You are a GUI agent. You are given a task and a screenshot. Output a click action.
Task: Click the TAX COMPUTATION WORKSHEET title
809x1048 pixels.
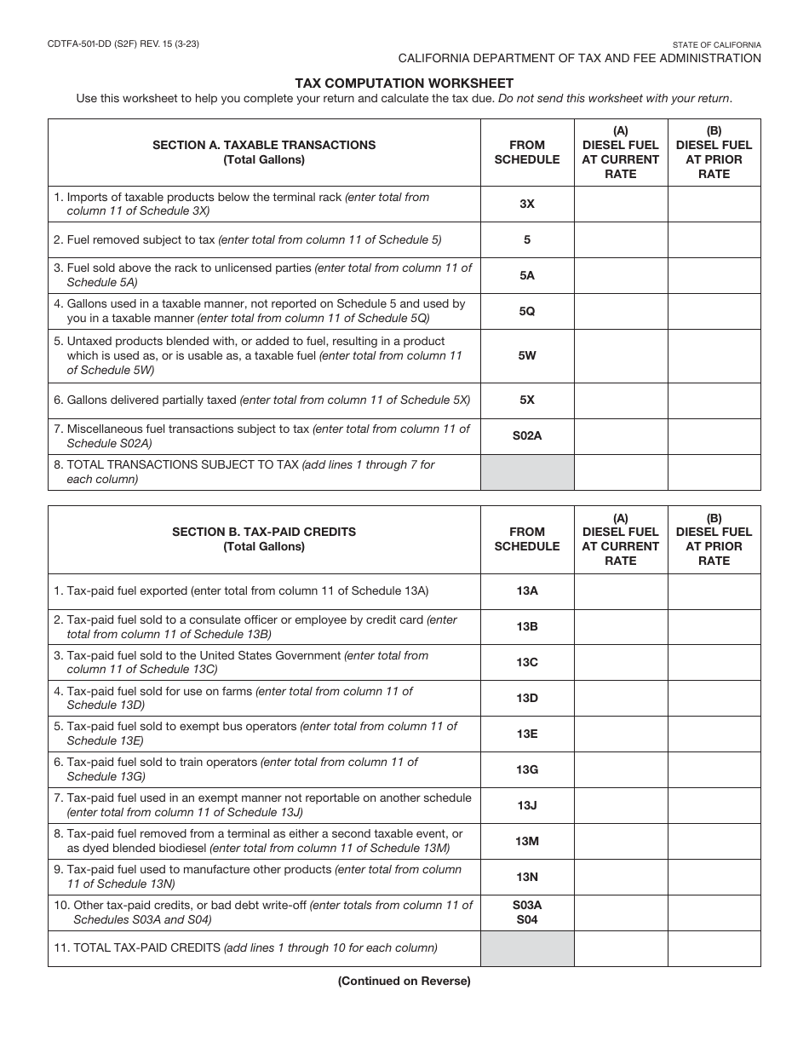pyautogui.click(x=404, y=83)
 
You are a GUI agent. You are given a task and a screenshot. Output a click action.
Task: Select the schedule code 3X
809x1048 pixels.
pyautogui.click(x=527, y=204)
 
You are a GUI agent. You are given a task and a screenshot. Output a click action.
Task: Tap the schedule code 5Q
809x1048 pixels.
pyautogui.click(x=527, y=311)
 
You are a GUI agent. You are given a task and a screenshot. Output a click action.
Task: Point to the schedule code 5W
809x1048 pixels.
pyautogui.click(x=527, y=355)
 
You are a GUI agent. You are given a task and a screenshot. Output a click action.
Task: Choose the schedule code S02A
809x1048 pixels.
pyautogui.click(x=527, y=436)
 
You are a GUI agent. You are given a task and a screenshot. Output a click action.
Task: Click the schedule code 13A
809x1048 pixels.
pyautogui.click(x=527, y=590)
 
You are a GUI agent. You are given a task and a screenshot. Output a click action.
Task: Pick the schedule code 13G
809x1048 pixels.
pyautogui.click(x=527, y=769)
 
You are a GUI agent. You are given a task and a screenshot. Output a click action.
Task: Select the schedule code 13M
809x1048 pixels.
pyautogui.click(x=527, y=841)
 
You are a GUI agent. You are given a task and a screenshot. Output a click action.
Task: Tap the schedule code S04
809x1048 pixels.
pyautogui.click(x=527, y=920)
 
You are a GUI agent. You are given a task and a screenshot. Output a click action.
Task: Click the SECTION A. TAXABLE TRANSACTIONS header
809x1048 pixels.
pyautogui.click(x=264, y=145)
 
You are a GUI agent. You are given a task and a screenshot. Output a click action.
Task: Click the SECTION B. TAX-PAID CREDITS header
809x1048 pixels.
pyautogui.click(x=264, y=532)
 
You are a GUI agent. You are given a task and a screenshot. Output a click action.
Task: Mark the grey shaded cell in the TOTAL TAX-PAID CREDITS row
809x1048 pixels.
pyautogui.click(x=527, y=948)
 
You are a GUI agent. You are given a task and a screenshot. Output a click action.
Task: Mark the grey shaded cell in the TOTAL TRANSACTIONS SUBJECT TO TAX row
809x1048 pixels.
pyautogui.click(x=527, y=472)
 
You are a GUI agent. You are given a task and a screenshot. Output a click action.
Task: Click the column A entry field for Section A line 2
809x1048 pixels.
pyautogui.click(x=621, y=240)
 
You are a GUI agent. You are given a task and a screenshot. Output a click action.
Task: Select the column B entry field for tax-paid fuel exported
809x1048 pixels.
pyautogui.click(x=714, y=591)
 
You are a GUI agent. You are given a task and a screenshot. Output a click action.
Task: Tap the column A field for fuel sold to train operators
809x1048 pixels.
pyautogui.click(x=621, y=769)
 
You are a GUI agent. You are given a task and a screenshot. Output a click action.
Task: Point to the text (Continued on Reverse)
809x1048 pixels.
pyautogui.click(x=404, y=981)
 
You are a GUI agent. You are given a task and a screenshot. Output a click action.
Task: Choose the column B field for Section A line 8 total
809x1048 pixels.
pyautogui.click(x=714, y=472)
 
